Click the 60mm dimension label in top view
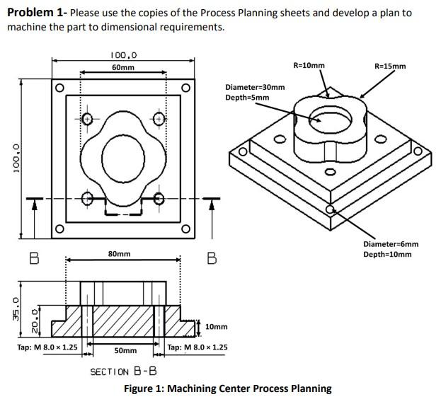[x=124, y=67]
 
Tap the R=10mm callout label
[x=309, y=65]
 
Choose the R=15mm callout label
[x=389, y=67]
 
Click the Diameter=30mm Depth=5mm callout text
[x=255, y=92]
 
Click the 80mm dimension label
[x=119, y=253]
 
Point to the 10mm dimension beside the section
[x=217, y=327]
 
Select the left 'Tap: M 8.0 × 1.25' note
[x=47, y=347]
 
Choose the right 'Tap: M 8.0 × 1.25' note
[x=197, y=347]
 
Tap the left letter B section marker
[x=33, y=258]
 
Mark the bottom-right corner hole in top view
[x=185, y=228]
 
